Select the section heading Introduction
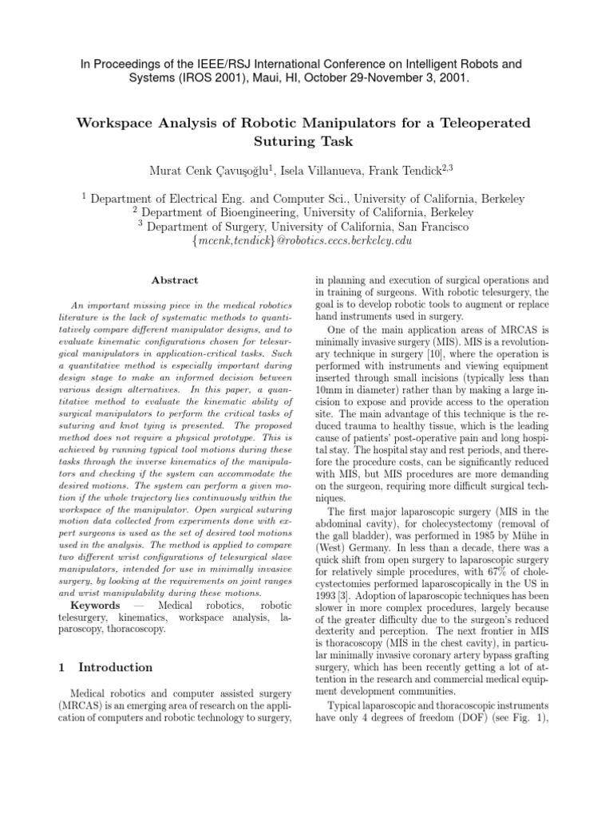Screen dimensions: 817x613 click(111, 667)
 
